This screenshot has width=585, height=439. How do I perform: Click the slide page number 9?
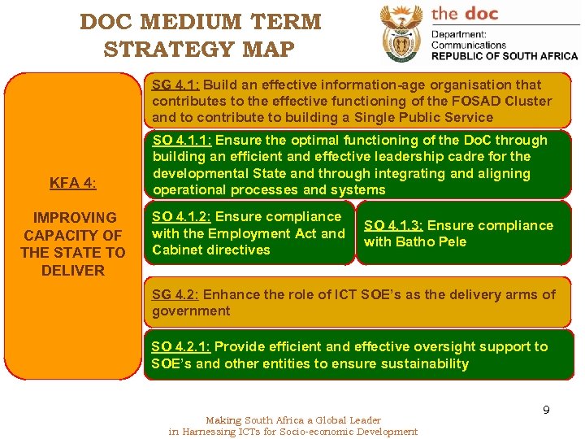pos(546,411)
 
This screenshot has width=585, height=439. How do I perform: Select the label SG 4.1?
pos(176,85)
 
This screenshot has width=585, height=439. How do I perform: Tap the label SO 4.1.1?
pos(184,140)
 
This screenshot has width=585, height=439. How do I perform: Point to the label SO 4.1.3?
pos(394,225)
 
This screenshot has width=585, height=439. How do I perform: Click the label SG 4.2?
pos(176,294)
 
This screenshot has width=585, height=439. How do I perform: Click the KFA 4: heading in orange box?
pos(72,183)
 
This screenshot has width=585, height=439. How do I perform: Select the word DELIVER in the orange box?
pos(73,270)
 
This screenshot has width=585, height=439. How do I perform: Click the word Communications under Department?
pos(469,46)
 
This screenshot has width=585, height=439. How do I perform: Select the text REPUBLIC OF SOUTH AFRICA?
pos(504,56)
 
